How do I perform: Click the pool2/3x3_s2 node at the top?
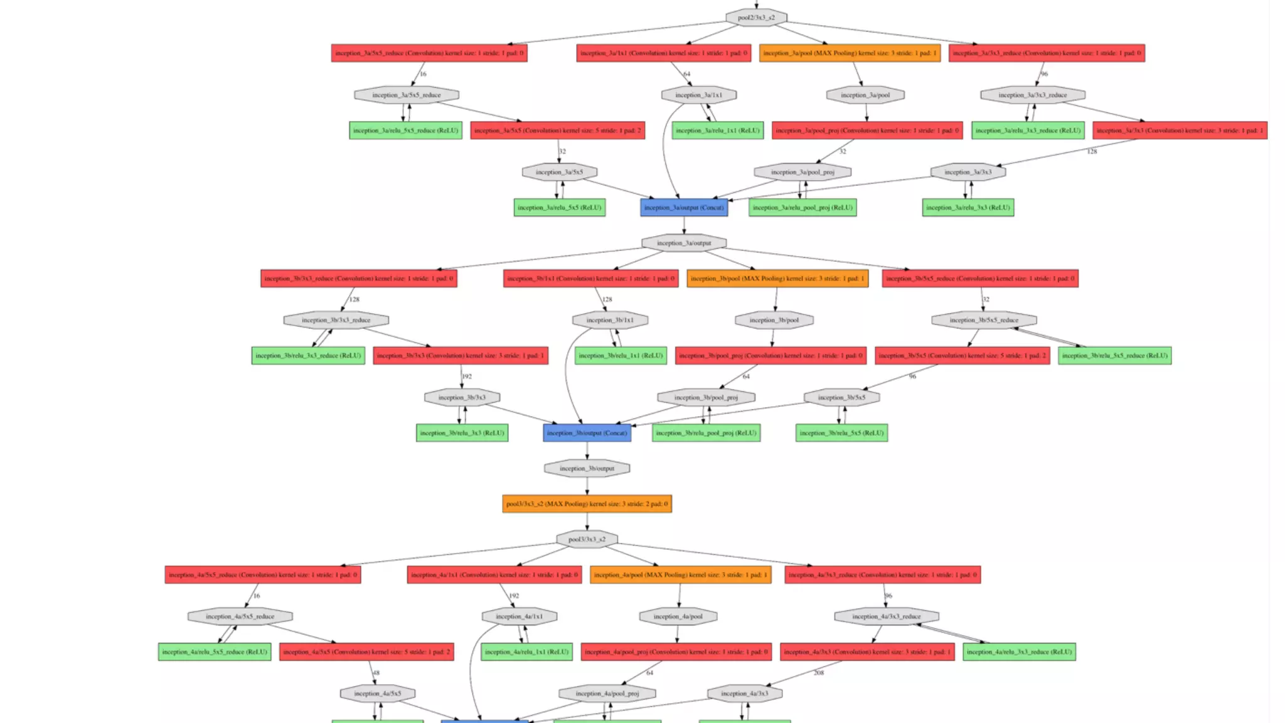tap(756, 18)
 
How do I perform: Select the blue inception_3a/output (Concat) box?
tap(684, 208)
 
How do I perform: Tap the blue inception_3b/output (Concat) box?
tap(587, 433)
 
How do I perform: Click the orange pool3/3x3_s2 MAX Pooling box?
tap(587, 504)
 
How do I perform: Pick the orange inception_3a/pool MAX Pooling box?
tap(850, 53)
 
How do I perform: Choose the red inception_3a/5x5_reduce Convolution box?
tap(429, 53)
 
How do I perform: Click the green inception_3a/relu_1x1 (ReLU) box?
tap(718, 131)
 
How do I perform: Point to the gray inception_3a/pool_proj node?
tap(802, 172)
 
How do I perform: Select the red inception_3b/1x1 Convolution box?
tap(590, 279)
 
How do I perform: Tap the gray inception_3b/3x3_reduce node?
tap(336, 320)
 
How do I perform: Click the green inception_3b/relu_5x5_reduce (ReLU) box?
tap(1114, 356)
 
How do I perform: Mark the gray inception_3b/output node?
tap(587, 469)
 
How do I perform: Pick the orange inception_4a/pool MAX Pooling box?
tap(680, 575)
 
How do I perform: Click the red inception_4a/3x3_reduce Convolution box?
tap(882, 575)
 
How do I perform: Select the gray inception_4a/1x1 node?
tap(519, 616)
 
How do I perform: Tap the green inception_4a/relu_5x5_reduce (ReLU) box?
tap(215, 652)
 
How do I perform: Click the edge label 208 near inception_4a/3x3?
tap(819, 673)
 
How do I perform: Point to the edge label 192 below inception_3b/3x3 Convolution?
tap(467, 377)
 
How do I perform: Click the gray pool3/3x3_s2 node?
tap(587, 540)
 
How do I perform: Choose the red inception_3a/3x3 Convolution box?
tap(1180, 131)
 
